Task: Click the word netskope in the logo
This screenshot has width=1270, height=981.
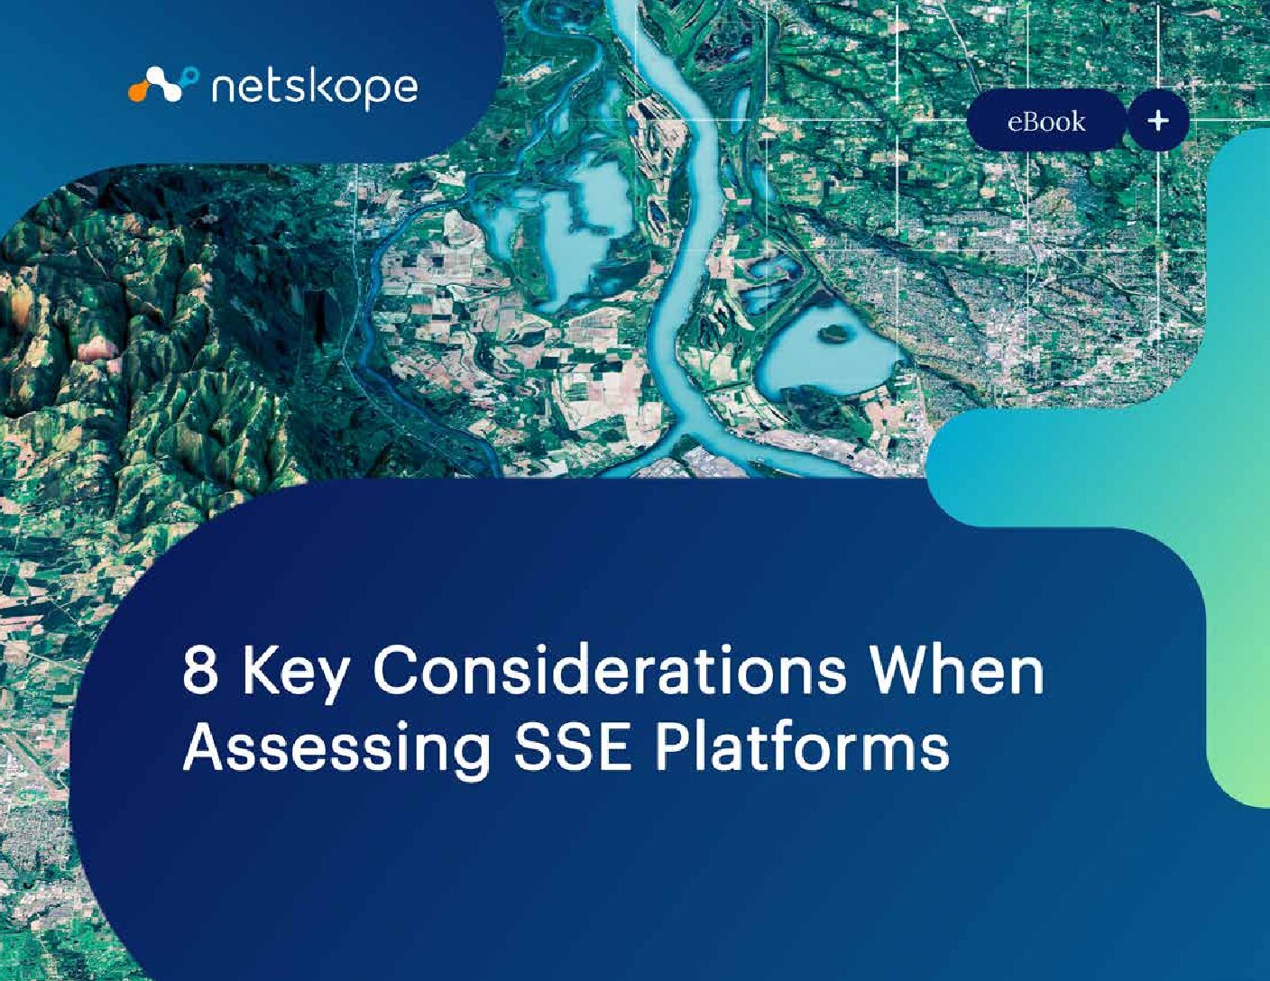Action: pos(315,89)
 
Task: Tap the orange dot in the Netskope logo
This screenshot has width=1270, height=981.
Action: pos(137,94)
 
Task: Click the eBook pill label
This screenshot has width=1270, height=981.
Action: pos(1046,122)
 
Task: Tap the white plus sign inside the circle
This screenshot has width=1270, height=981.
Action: pos(1158,121)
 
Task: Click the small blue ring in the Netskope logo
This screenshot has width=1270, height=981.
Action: pos(191,74)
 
